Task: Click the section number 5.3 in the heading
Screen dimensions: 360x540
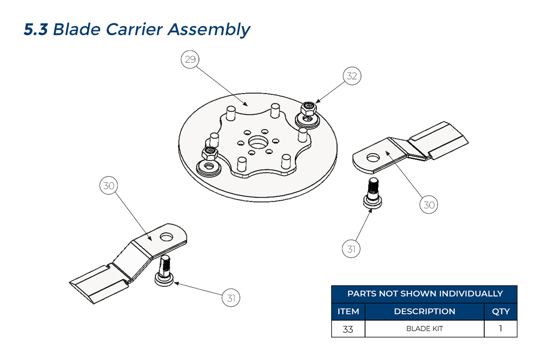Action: [x=36, y=29]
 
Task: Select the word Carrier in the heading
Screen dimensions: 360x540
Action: [x=135, y=29]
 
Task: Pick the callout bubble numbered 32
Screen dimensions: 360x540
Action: [x=351, y=76]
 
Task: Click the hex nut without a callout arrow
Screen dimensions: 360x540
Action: [x=209, y=153]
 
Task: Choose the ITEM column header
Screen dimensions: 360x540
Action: [x=348, y=311]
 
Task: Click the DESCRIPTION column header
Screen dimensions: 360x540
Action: [x=424, y=311]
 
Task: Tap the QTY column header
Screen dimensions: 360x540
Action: [x=501, y=311]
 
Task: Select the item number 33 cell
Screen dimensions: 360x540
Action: [x=348, y=328]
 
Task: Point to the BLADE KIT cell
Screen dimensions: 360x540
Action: [x=424, y=328]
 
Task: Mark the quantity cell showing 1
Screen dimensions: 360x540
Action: [x=501, y=328]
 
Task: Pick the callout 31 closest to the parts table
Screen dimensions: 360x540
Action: [x=351, y=248]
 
